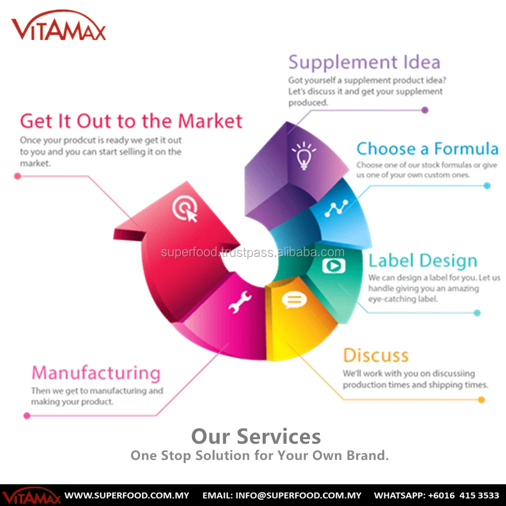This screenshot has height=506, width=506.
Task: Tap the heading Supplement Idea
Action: [x=364, y=62]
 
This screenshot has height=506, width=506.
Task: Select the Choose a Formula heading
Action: [x=427, y=149]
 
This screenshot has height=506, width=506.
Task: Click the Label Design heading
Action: [x=423, y=261]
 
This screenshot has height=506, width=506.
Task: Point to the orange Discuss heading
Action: [x=375, y=355]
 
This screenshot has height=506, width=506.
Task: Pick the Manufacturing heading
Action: [x=96, y=373]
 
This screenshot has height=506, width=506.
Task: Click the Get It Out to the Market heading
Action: [x=132, y=121]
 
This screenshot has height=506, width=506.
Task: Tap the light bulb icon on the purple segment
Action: [x=303, y=155]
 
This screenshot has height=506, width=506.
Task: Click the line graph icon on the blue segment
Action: [x=336, y=208]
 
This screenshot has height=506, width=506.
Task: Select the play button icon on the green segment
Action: [x=334, y=265]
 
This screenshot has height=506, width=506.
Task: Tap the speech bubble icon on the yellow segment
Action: [x=294, y=301]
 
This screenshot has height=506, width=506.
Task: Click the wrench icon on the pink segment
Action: [x=240, y=303]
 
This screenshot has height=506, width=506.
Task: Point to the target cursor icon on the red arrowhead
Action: [x=184, y=208]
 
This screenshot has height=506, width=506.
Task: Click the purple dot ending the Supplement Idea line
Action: [x=425, y=110]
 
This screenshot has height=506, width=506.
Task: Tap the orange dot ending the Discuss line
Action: [x=481, y=400]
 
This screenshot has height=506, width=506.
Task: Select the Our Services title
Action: [x=256, y=436]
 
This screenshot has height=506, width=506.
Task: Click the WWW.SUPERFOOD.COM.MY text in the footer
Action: [x=126, y=495]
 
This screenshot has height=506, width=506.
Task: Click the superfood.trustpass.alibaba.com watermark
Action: [x=252, y=252]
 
